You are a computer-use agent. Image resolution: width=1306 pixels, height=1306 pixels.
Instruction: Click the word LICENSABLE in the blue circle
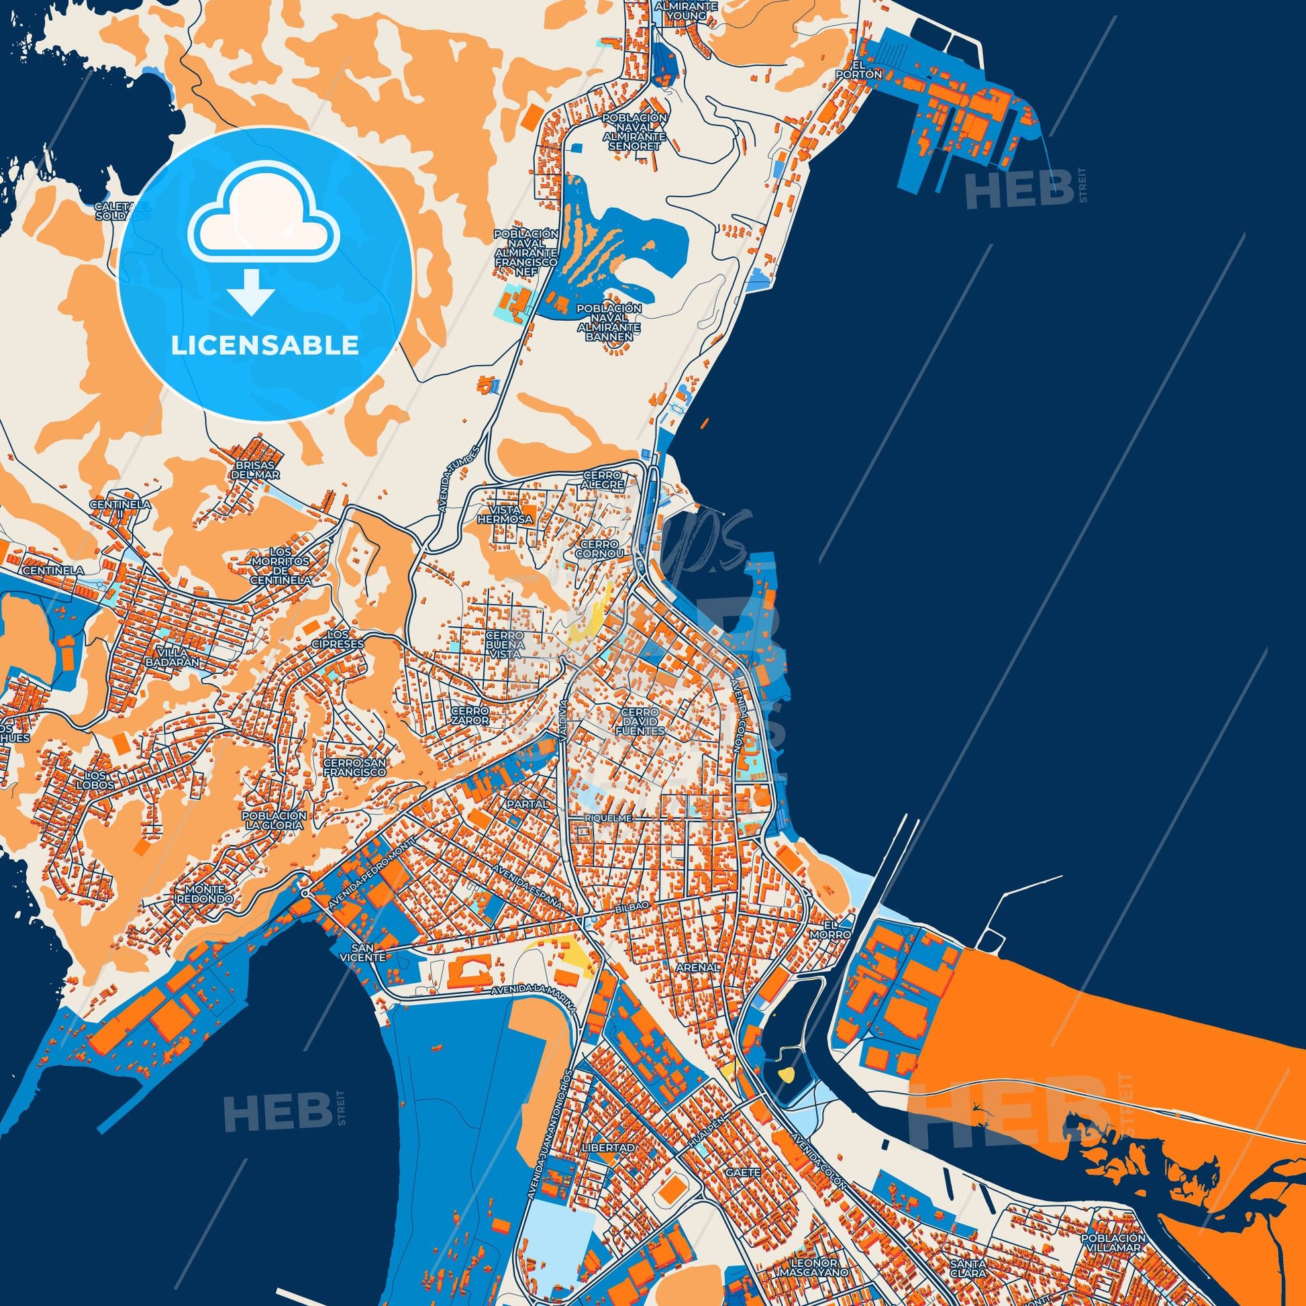coord(264,346)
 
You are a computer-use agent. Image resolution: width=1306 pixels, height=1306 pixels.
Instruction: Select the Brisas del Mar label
coord(254,470)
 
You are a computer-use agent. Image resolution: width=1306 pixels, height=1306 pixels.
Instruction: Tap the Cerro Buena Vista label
coord(505,646)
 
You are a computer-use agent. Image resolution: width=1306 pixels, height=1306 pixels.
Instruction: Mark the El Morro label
coord(837,929)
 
